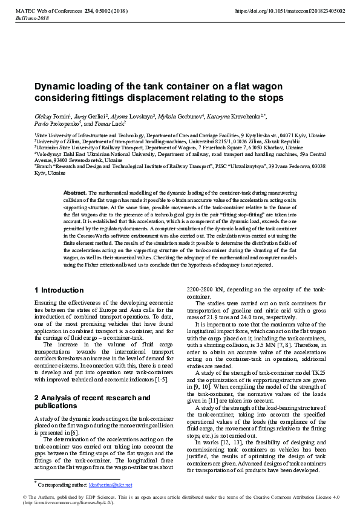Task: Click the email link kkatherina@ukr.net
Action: [x=110, y=485]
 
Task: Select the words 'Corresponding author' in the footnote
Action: [x=62, y=485]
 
